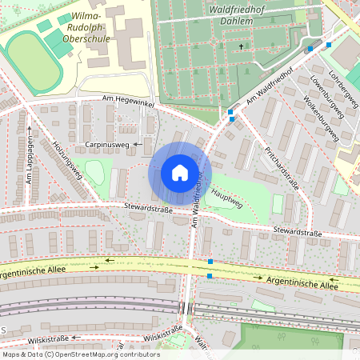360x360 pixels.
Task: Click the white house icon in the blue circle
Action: tap(180, 173)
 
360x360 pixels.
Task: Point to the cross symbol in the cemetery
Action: tap(241, 47)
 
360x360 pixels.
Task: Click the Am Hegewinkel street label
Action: tap(126, 98)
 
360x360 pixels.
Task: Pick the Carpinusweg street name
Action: tap(106, 145)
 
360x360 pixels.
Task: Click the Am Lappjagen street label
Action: tap(28, 164)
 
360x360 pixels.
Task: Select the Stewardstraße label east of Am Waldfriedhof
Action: tap(297, 234)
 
